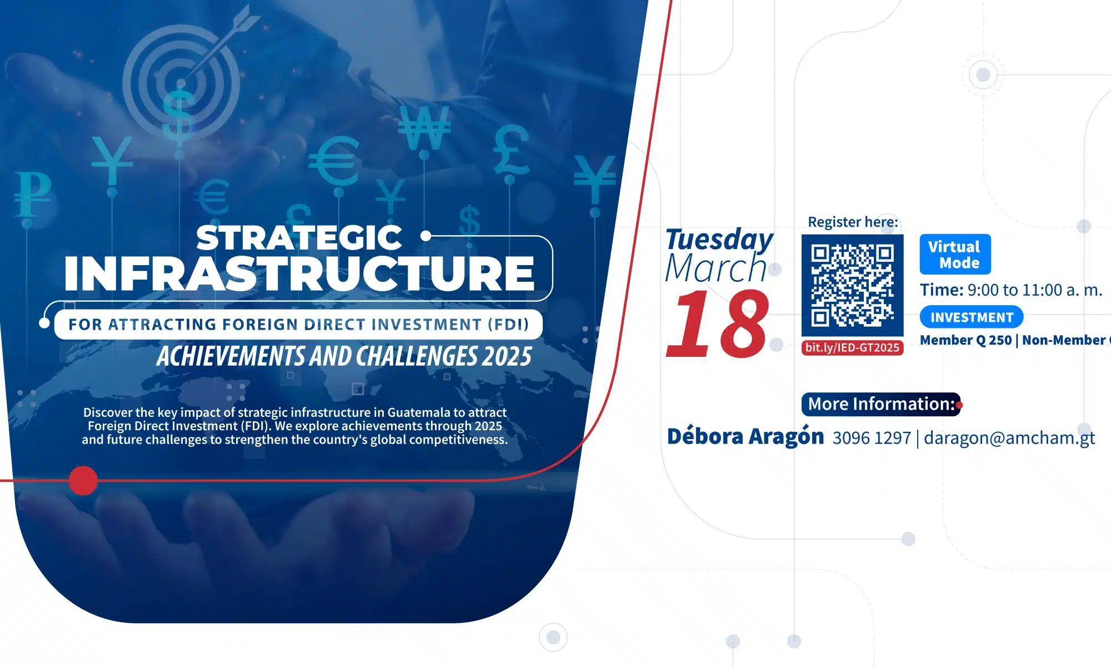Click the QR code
tap(852, 285)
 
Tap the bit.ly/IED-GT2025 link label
tap(852, 348)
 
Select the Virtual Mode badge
tap(955, 255)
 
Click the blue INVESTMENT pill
tap(972, 317)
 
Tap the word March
tap(716, 268)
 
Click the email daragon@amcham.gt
tap(1009, 438)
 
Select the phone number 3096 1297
tap(872, 438)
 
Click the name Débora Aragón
tap(745, 437)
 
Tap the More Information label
tap(881, 404)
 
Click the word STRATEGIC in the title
tap(299, 238)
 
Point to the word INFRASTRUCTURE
tap(299, 273)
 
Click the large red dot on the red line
tap(83, 480)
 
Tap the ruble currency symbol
tap(32, 193)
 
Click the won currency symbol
tap(424, 128)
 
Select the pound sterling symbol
tap(511, 149)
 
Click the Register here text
tap(853, 222)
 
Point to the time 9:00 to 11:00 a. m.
tap(1034, 290)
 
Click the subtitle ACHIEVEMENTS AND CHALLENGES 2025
tap(344, 356)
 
